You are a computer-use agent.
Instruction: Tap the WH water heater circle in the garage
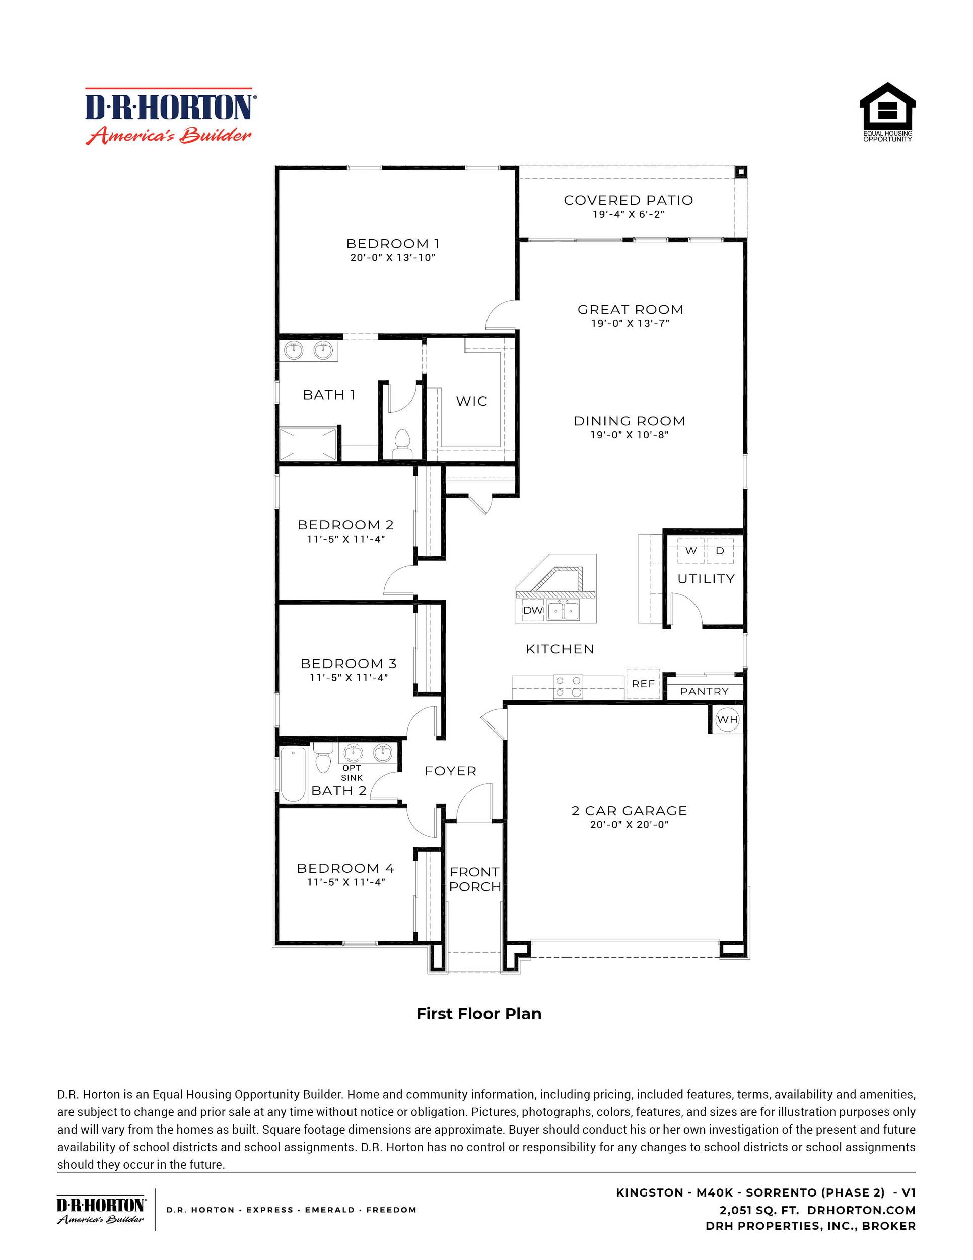(727, 719)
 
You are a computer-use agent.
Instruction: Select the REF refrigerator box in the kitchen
(643, 684)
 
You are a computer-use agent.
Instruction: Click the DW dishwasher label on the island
(533, 610)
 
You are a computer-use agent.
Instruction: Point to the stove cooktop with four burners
(568, 687)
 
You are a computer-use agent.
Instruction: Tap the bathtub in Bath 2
(293, 774)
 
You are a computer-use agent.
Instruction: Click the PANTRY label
(704, 691)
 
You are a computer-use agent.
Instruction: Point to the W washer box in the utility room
(690, 550)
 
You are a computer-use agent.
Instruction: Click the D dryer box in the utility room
(720, 550)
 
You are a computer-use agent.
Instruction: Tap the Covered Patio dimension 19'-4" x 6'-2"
(628, 214)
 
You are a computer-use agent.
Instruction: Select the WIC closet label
(471, 401)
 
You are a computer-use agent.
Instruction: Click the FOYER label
(450, 771)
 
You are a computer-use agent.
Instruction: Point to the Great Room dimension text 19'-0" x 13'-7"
(630, 323)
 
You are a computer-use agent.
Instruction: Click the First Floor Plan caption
(479, 1014)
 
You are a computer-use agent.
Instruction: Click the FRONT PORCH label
(475, 879)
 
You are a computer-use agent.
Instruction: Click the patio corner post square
(740, 172)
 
